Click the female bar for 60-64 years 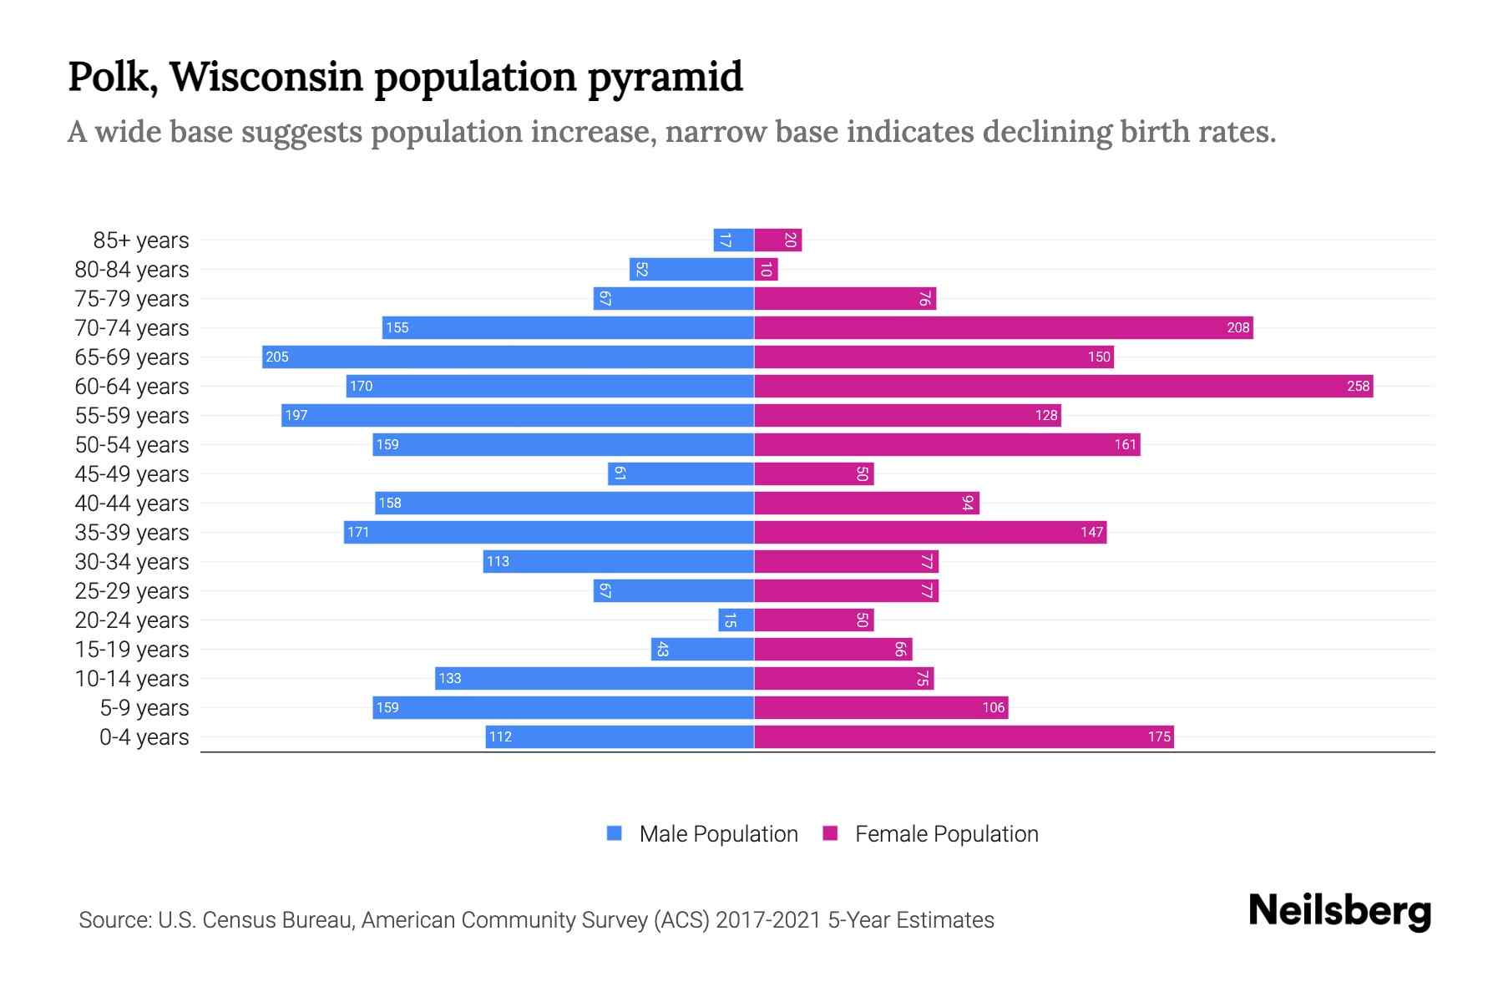(1063, 386)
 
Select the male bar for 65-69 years (508, 357)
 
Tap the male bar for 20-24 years (736, 620)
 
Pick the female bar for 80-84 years (766, 269)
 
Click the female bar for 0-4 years (964, 736)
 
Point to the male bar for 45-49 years (681, 473)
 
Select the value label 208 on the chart (1237, 327)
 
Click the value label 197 (296, 415)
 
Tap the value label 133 (449, 678)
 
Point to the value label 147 (1091, 532)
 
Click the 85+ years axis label (140, 240)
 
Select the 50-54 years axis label (132, 445)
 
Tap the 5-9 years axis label (144, 708)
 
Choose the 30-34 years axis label (132, 562)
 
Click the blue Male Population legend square (615, 833)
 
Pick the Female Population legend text (946, 833)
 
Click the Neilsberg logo (1339, 911)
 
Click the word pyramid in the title (665, 78)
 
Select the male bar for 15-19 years (702, 649)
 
